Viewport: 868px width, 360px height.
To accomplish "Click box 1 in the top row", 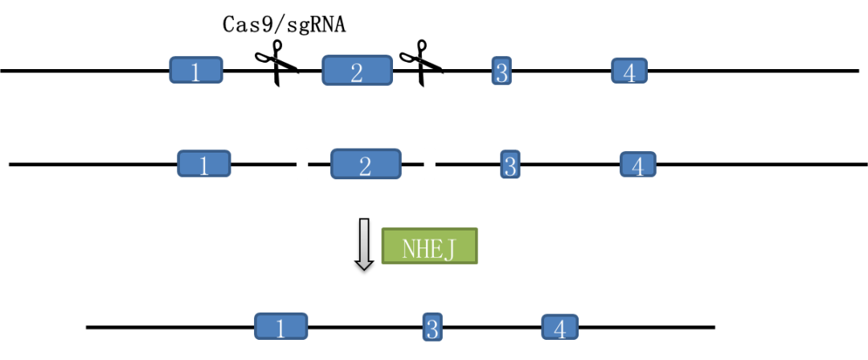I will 196,70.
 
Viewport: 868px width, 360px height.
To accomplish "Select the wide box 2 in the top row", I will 357,71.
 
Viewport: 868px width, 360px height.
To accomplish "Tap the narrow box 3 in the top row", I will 502,71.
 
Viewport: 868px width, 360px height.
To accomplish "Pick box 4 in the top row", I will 629,71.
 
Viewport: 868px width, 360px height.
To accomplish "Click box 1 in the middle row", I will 204,164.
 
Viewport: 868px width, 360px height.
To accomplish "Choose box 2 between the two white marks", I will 366,164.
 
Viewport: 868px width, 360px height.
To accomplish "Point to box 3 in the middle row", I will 510,165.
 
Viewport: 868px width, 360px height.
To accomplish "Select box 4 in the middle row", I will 638,165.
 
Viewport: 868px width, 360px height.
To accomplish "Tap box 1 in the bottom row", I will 281,326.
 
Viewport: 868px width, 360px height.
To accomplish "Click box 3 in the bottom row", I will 432,327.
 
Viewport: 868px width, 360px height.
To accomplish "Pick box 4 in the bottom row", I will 560,327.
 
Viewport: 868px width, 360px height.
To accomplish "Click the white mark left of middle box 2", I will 302,164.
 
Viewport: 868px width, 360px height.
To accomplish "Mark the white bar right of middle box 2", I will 430,164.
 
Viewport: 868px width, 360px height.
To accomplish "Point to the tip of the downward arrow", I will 364,266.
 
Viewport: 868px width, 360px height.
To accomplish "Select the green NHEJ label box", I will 429,246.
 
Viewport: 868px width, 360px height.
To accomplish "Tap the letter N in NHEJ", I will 409,248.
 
